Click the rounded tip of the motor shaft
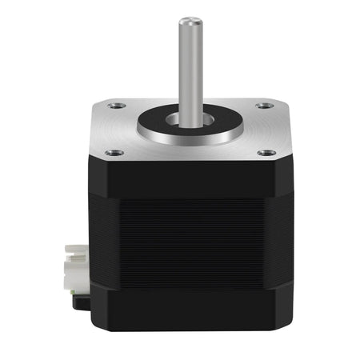pos(189,20)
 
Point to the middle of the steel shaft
pos(189,68)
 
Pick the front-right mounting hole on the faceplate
pos(266,152)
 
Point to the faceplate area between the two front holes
pos(189,155)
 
